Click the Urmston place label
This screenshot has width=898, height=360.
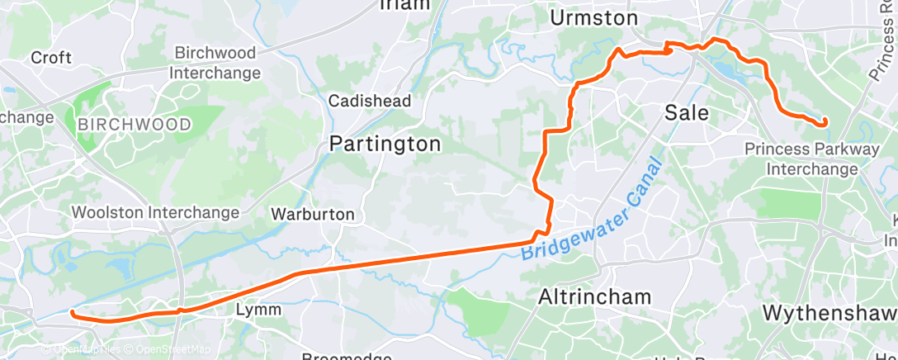[x=593, y=17]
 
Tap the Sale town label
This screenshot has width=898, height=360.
[x=687, y=112]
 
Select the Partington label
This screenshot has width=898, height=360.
[x=385, y=144]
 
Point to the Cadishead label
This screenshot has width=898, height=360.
[x=370, y=101]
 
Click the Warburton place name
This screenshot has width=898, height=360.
[x=313, y=215]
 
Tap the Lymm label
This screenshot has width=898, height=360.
[x=258, y=310]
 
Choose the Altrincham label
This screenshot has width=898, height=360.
[x=594, y=296]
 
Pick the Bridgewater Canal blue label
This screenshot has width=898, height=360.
[x=593, y=212]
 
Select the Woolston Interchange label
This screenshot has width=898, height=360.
[x=155, y=212]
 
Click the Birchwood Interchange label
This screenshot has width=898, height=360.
[x=215, y=63]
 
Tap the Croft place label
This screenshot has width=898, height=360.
[x=51, y=58]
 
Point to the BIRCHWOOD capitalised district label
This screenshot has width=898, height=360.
[x=135, y=125]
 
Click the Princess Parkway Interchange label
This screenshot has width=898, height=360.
[x=812, y=159]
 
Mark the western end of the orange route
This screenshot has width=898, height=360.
[x=73, y=313]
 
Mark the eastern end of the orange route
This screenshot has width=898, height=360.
[x=824, y=123]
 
